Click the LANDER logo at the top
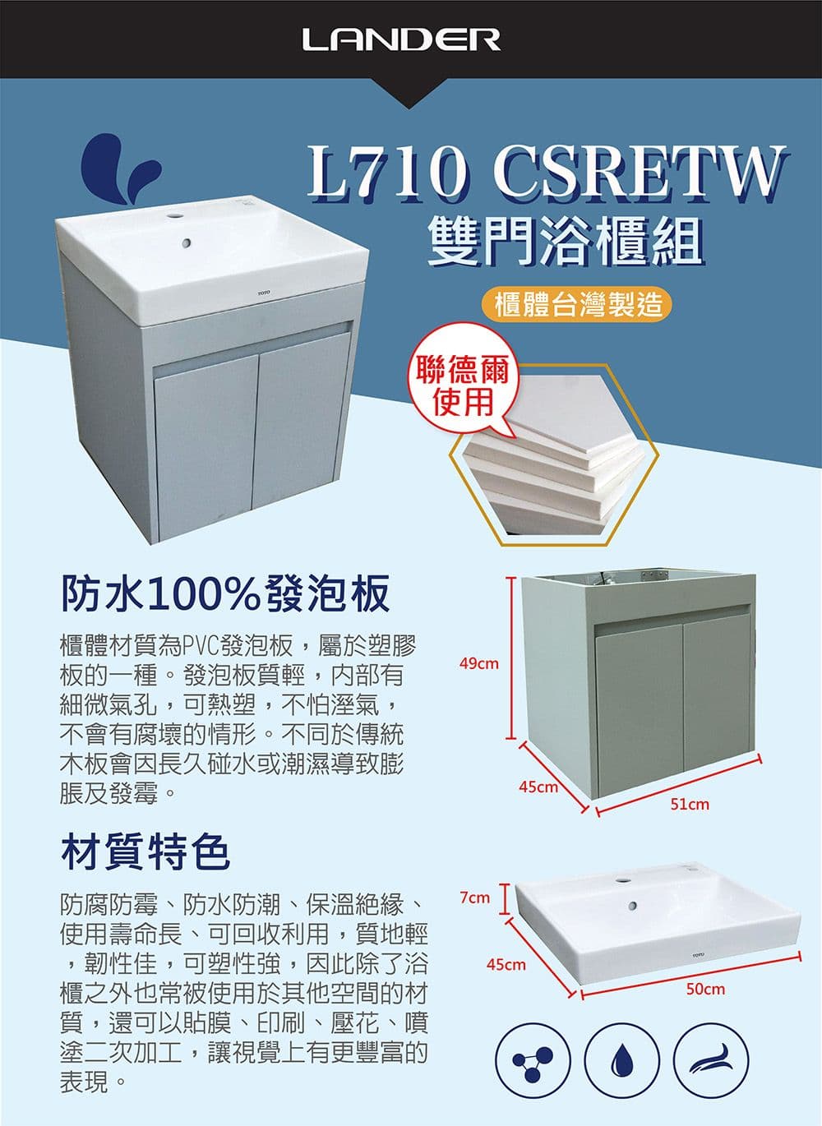coord(401,39)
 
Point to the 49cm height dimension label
coord(479,664)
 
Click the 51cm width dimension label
coord(690,805)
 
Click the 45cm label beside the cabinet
coord(539,787)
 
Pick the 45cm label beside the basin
coord(506,965)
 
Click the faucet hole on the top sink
coord(174,216)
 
